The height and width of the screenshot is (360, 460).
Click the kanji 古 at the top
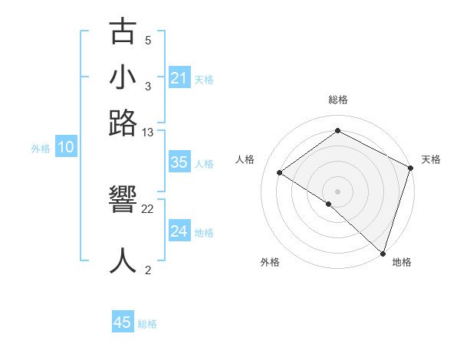pos(123,32)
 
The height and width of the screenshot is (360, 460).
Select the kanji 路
pos(123,123)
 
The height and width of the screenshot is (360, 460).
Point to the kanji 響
pos(123,200)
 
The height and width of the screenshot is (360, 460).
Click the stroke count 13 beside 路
pos(148,133)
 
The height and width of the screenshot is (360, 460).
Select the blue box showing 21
pos(179,78)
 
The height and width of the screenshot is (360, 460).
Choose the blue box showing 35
pos(179,163)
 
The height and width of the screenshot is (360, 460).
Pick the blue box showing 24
pos(179,231)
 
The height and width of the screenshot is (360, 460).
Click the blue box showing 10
pos(66,148)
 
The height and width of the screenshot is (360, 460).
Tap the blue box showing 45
pos(123,322)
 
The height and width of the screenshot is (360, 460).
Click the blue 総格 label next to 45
pos(147,324)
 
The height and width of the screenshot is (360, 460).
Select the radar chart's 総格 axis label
pos(338,100)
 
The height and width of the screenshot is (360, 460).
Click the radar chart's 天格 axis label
pos(431,159)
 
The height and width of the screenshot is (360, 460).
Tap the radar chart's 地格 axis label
pos(402,262)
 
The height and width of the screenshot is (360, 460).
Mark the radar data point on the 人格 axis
pos(280,172)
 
